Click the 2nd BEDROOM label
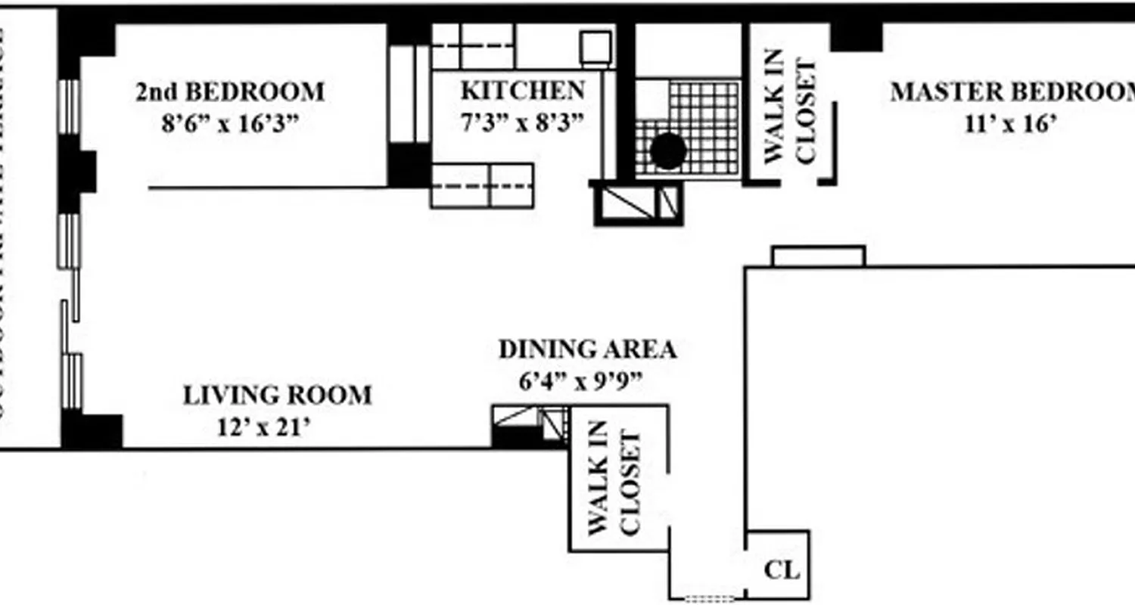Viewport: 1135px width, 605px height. pyautogui.click(x=230, y=92)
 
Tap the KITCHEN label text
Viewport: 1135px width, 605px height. pyautogui.click(x=523, y=91)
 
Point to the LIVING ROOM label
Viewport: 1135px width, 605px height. pyautogui.click(x=278, y=396)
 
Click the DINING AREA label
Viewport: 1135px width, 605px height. pyautogui.click(x=587, y=350)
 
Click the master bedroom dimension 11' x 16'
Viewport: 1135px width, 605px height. pyautogui.click(x=1010, y=123)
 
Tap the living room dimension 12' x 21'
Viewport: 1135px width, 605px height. pyautogui.click(x=264, y=427)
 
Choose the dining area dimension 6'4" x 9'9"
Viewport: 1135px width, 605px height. pyautogui.click(x=581, y=381)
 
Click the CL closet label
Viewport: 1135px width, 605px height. pyautogui.click(x=782, y=569)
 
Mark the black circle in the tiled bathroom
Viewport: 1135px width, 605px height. pyautogui.click(x=668, y=151)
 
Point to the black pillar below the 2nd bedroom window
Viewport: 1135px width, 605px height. pyautogui.click(x=77, y=173)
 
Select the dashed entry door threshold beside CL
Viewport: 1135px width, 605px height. pyautogui.click(x=709, y=598)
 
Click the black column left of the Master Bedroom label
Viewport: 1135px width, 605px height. pyautogui.click(x=857, y=36)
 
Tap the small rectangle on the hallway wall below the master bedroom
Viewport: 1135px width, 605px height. pyautogui.click(x=818, y=256)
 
